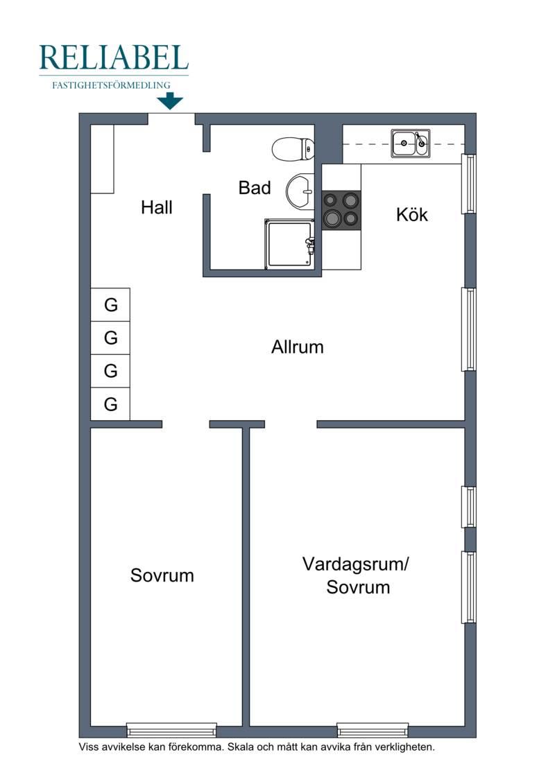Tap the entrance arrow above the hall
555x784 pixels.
pos(170,101)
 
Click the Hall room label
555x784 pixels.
pos(157,207)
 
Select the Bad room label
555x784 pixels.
pos(255,188)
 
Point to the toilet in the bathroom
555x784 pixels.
pos(293,148)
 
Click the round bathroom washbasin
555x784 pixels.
pos(300,191)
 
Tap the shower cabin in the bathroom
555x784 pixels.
pos(290,244)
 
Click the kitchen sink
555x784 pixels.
pos(411,143)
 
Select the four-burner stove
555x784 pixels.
pos(341,211)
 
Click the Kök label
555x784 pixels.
pos(412,215)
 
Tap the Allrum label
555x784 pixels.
pos(297,347)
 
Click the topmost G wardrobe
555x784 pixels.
pos(110,304)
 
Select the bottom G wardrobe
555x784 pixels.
pos(110,403)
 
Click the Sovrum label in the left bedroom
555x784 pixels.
pos(162,575)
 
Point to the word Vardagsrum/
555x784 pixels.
pos(356,564)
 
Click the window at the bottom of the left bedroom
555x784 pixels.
pos(171,730)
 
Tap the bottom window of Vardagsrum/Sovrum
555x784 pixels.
pos(373,730)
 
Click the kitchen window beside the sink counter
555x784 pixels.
pos(468,184)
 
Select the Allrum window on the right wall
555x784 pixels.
pos(468,329)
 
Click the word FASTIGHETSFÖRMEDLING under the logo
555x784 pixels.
pos(111,85)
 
